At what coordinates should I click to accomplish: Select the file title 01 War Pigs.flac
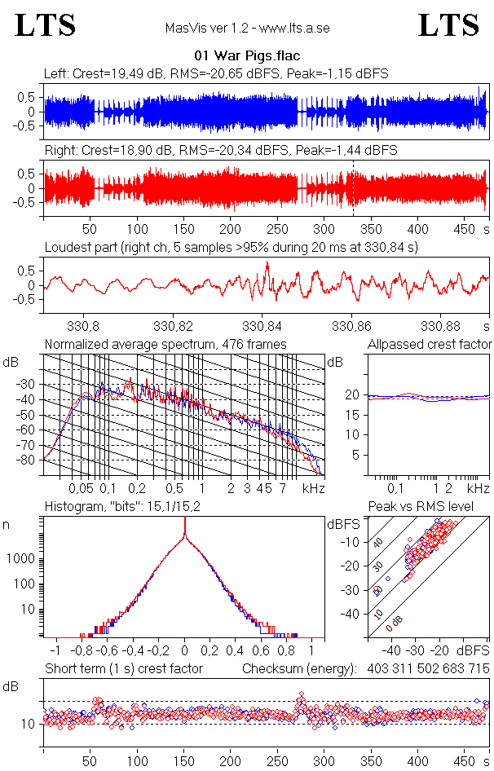pos(246,56)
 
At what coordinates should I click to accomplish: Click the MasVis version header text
pos(247,29)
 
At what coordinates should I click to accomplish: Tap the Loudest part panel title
pos(231,247)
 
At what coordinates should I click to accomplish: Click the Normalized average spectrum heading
pos(165,344)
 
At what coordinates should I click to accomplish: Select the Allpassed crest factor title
pos(430,344)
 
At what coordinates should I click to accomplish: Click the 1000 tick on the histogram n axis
pos(22,559)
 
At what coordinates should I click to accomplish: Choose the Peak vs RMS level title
pos(432,507)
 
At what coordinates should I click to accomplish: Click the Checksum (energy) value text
pos(421,669)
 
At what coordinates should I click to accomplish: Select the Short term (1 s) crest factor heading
pos(123,669)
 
